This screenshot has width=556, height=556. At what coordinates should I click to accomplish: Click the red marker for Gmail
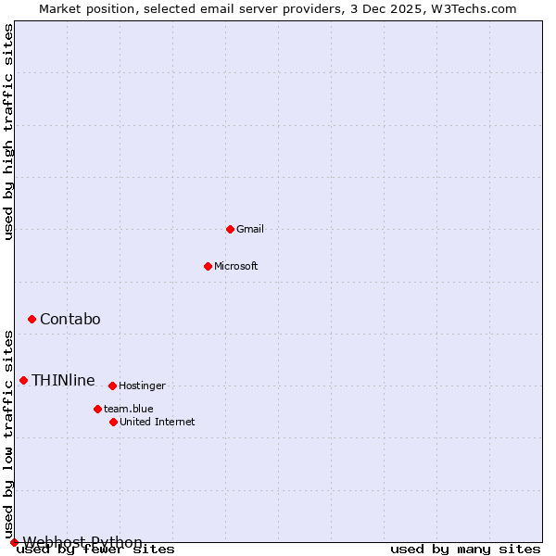point(230,229)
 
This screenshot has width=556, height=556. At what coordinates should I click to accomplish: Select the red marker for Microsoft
point(208,266)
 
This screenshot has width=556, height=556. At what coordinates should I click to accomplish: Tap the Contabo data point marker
point(32,319)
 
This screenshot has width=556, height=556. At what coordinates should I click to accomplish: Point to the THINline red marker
point(23,380)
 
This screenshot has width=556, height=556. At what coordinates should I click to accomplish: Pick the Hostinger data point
point(112,385)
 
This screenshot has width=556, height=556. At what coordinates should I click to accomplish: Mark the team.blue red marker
point(97,409)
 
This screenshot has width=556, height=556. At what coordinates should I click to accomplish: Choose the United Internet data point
point(113,422)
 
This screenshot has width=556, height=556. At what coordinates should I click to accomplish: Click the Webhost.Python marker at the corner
point(14,542)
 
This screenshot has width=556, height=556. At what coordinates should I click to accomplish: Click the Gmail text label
point(250,229)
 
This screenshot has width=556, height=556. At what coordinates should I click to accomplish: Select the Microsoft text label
point(236,266)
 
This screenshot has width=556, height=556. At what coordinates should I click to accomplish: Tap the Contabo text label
point(70,320)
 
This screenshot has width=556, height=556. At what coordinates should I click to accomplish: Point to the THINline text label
point(63,380)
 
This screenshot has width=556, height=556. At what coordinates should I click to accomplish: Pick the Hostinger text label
point(142,385)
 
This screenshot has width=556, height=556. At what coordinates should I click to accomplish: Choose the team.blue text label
point(129,409)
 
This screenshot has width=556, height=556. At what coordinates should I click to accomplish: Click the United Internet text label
point(158,422)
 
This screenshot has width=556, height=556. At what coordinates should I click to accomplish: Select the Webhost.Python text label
point(82,542)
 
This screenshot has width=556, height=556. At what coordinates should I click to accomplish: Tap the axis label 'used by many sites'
point(465,549)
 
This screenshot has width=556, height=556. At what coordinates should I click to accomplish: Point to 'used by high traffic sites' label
point(9,132)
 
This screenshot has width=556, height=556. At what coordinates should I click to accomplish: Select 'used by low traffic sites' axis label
point(9,434)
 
